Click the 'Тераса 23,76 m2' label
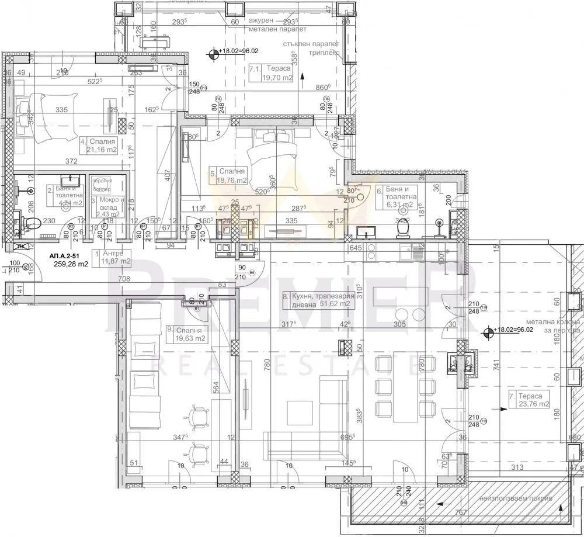pyautogui.click(x=529, y=400)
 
